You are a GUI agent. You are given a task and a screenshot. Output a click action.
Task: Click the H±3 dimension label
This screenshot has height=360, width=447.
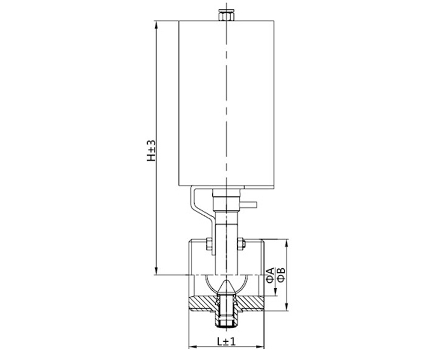151,150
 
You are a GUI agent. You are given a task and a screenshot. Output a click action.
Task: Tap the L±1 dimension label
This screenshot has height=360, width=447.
226,341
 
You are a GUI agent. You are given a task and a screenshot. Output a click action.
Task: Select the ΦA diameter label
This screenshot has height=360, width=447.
270,275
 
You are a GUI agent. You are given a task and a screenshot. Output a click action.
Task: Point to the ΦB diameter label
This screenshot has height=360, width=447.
281,275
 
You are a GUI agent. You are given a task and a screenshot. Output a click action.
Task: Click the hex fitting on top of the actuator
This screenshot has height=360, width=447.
226,15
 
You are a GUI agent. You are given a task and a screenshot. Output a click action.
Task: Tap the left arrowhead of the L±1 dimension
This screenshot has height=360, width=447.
193,347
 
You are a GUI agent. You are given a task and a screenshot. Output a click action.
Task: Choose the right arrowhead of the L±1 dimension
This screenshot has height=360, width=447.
260,347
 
